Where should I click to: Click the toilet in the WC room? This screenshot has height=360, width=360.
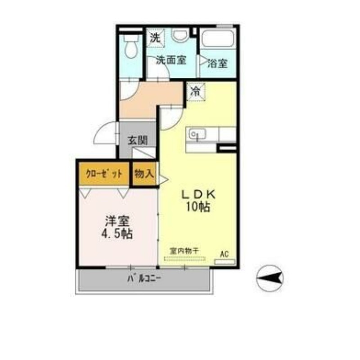coord(131,46)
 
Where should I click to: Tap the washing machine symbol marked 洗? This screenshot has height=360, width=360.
coord(155,38)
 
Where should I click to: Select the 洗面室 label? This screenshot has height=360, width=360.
coord(171,60)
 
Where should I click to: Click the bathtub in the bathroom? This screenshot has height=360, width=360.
coord(218,38)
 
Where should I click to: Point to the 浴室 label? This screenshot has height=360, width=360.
coord(217,63)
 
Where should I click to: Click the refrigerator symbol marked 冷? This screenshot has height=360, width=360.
coord(196,92)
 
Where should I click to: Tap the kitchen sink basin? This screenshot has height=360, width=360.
coord(197,134)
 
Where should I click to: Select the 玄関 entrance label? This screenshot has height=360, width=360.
coord(138,140)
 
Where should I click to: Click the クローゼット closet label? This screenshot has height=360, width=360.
coord(104,174)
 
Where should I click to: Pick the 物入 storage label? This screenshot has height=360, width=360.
coord(144,174)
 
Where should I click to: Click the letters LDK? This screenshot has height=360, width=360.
coord(198,195)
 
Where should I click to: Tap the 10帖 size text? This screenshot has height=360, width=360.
coord(198,207)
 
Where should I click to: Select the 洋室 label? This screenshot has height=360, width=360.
coord(117,221)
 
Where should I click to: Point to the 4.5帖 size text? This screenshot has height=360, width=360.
coord(117,234)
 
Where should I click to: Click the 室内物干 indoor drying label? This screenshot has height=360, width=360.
coord(184,251)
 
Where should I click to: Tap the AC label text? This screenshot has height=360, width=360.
coord(224,254)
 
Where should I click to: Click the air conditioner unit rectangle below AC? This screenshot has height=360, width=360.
coord(224,261)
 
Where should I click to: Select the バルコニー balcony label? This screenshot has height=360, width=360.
coord(144,279)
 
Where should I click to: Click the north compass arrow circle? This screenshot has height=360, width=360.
coord(270,278)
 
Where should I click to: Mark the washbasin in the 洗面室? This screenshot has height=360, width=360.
coord(180,36)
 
